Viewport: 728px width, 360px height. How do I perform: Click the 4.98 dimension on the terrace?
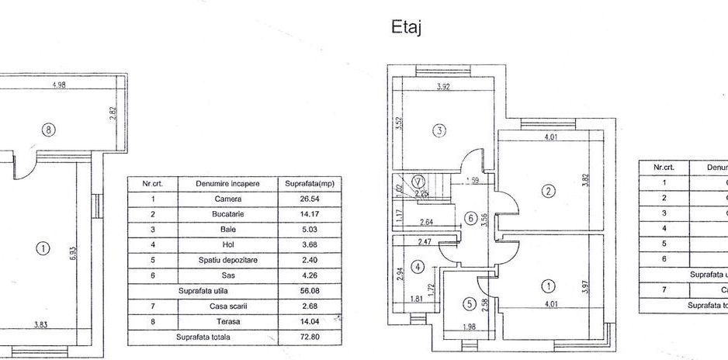(x=57, y=85)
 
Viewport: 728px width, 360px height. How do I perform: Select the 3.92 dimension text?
(x=443, y=87)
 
